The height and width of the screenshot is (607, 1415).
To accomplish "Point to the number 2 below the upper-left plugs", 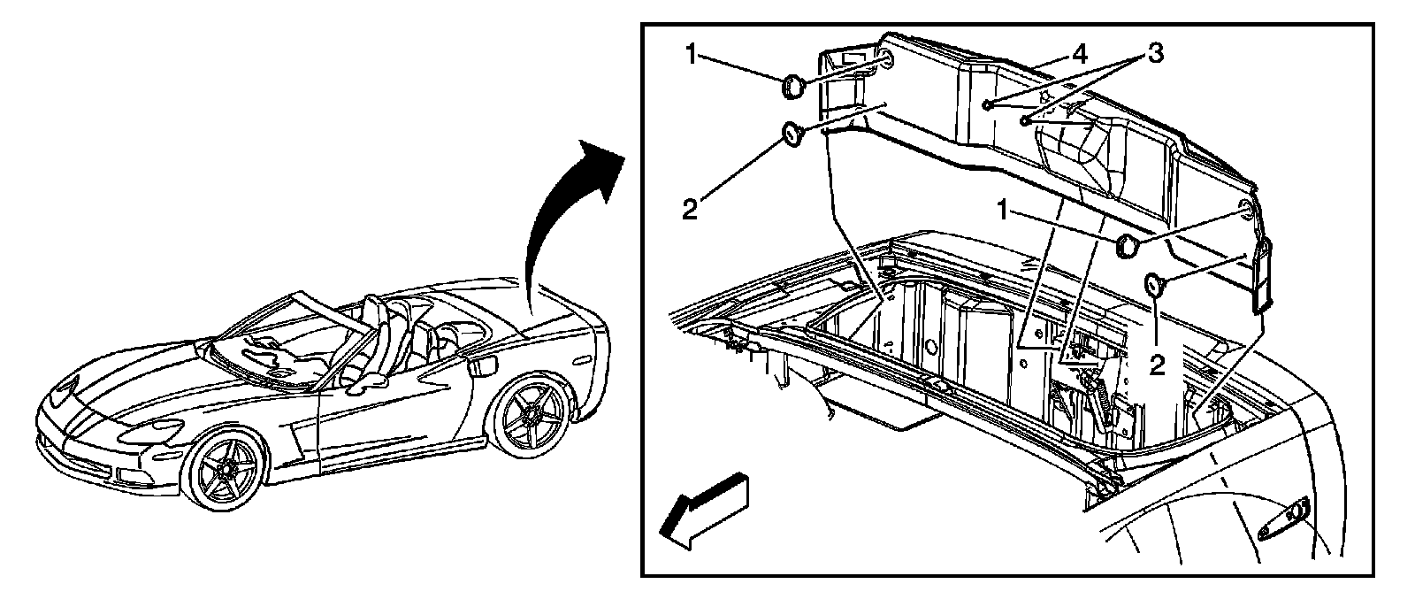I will tap(691, 210).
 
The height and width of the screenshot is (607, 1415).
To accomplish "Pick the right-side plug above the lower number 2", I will tap(1154, 284).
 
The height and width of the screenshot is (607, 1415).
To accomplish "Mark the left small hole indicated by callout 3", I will tap(985, 105).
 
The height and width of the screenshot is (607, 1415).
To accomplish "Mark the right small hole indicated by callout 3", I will tap(1023, 119).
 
